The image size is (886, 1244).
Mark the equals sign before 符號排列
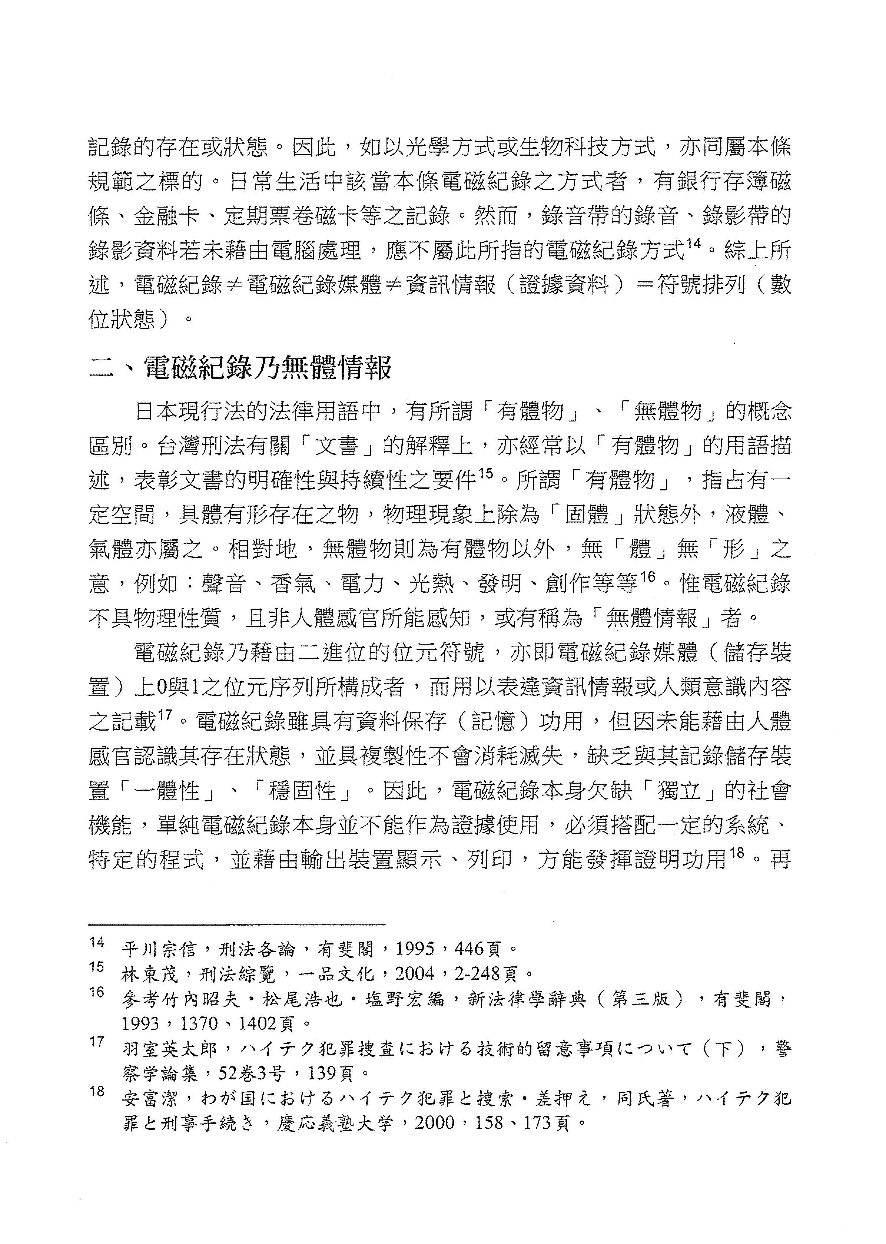pyautogui.click(x=646, y=285)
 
